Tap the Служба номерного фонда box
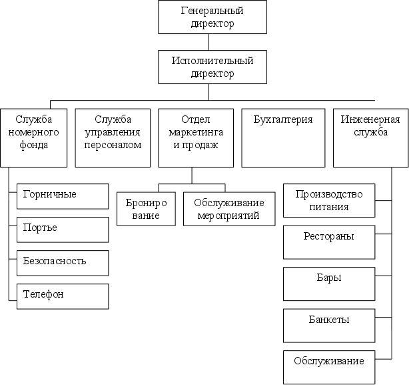click(x=34, y=137)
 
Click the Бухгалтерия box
click(x=283, y=137)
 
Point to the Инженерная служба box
click(x=371, y=137)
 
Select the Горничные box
click(x=62, y=196)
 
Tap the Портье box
click(x=62, y=229)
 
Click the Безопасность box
click(x=62, y=262)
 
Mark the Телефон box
click(x=62, y=296)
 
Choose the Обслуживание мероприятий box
click(x=228, y=210)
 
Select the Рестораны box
click(x=328, y=242)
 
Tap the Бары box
click(x=328, y=284)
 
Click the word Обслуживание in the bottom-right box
click(x=328, y=362)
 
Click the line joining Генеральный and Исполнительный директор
click(x=208, y=42)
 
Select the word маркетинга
click(x=197, y=132)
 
